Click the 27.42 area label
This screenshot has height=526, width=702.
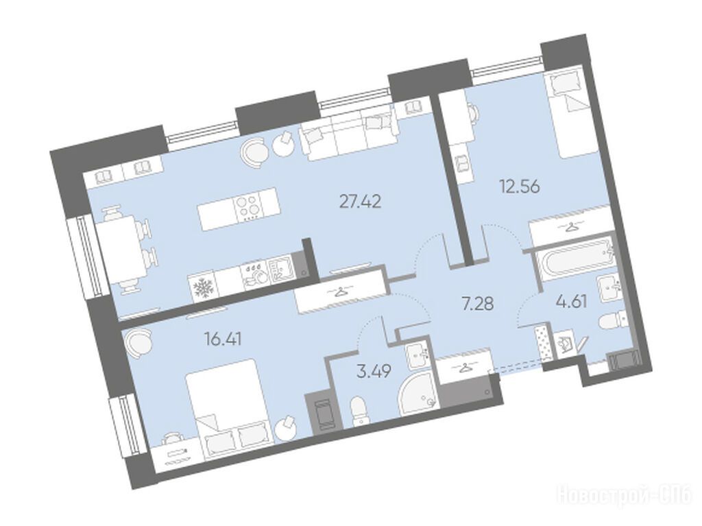point(361,202)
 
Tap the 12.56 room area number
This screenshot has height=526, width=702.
point(520,185)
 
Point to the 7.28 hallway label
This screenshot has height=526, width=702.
point(478,303)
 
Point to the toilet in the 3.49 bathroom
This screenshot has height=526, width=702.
point(359,410)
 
